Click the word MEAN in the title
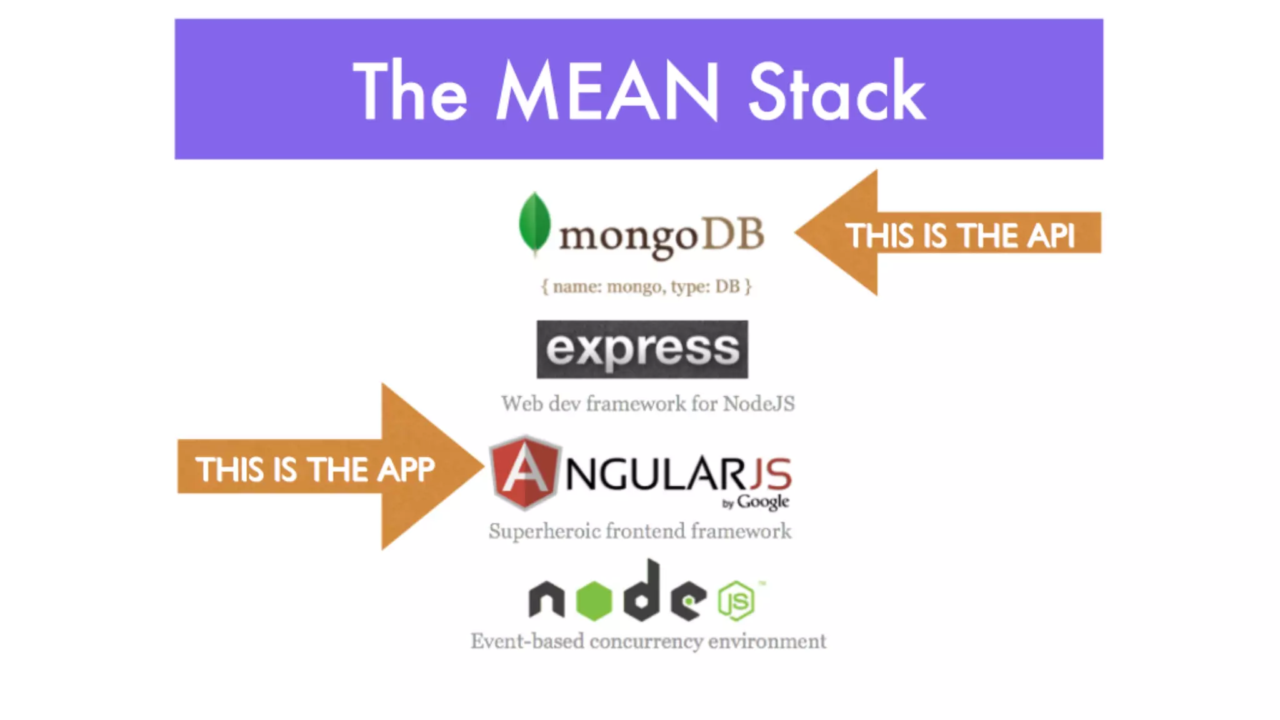[607, 91]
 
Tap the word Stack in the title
[836, 92]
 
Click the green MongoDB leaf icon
[534, 223]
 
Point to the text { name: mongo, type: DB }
[646, 286]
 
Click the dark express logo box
[642, 349]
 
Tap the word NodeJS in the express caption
[759, 404]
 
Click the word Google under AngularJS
[762, 502]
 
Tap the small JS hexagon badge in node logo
[736, 601]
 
